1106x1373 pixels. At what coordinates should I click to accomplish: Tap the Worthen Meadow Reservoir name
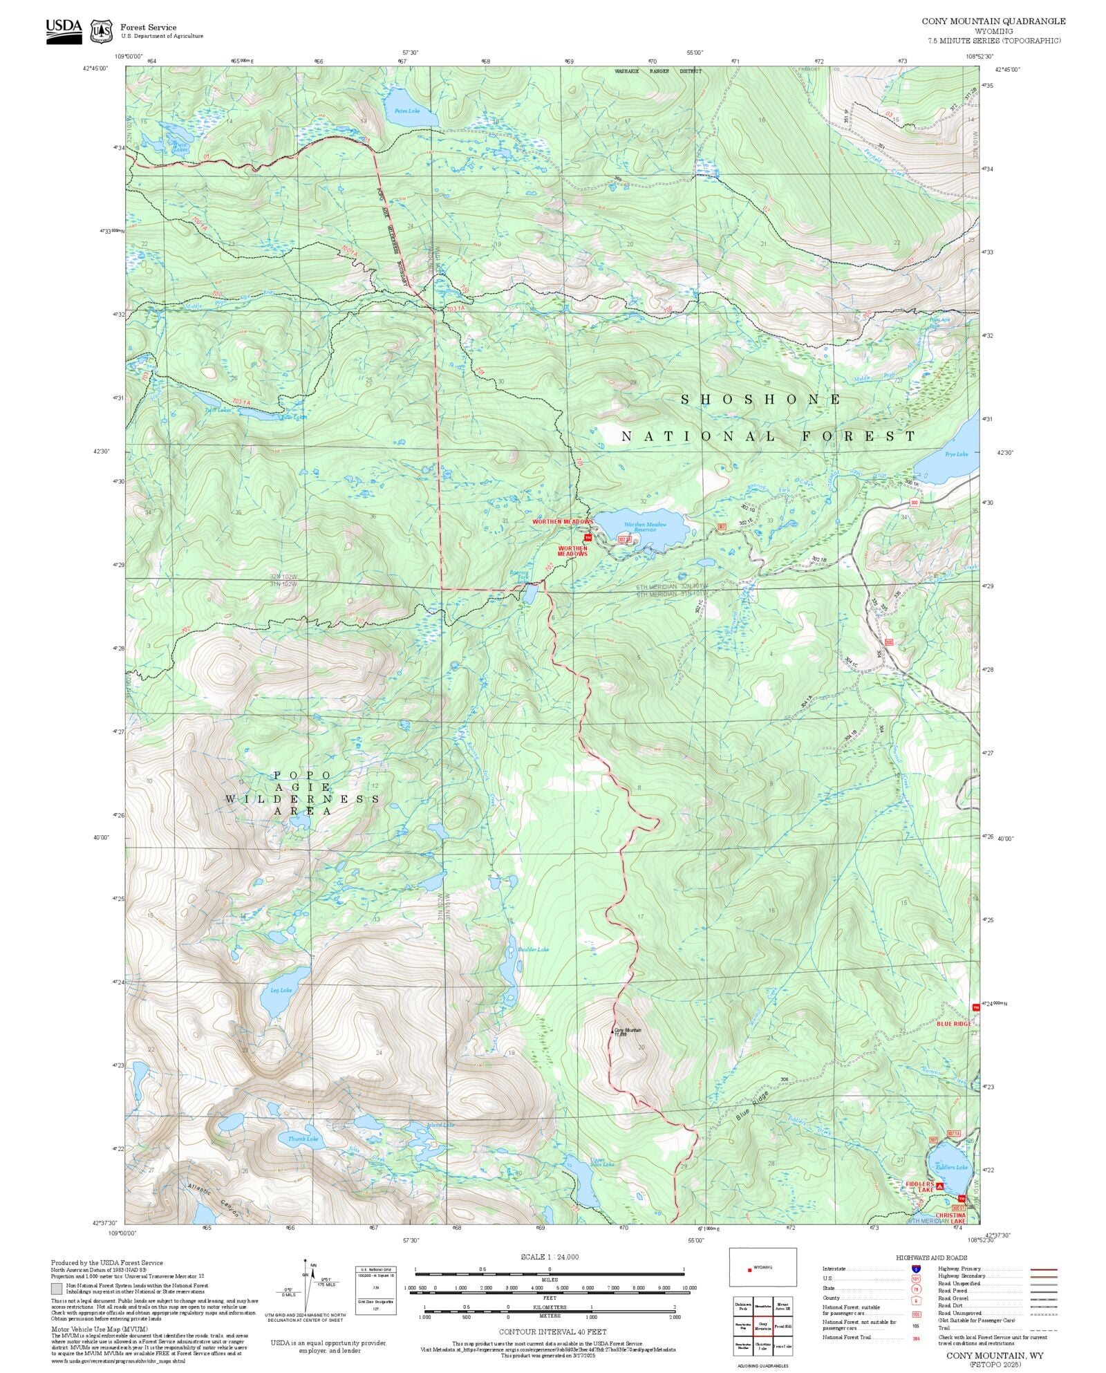(645, 527)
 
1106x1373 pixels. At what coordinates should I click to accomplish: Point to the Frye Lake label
(956, 454)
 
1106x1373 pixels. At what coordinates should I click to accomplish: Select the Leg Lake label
(281, 990)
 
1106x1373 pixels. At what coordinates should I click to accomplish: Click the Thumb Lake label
(303, 1139)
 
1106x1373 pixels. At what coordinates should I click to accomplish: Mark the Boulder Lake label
(533, 949)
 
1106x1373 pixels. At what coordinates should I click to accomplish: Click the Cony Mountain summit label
(628, 1031)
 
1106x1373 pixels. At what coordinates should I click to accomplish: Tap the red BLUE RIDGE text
(953, 1023)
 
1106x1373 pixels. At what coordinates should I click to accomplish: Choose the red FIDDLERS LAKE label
(919, 1187)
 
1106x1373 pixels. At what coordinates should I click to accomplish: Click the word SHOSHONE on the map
(761, 400)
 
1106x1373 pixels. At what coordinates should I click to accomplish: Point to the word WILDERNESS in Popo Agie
(302, 799)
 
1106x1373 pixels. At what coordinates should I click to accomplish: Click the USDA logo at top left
(64, 31)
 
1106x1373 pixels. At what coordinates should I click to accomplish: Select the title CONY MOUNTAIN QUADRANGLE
(993, 21)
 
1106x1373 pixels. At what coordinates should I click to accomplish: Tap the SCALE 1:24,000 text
(550, 1256)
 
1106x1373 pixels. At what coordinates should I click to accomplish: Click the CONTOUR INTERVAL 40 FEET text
(552, 1331)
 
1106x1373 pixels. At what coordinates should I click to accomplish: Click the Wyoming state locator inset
(762, 1267)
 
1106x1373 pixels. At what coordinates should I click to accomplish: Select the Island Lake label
(440, 1125)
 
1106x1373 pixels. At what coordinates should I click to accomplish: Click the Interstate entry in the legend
(835, 1269)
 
